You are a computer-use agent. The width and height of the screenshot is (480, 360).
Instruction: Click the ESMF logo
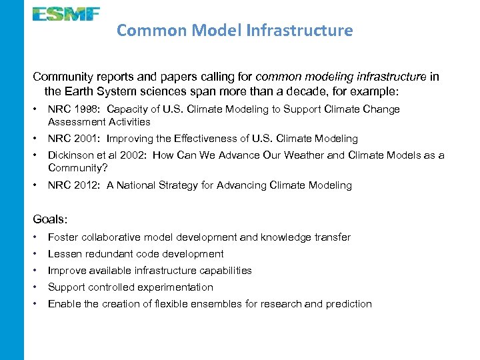tap(66, 13)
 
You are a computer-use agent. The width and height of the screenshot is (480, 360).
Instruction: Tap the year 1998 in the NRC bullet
tap(87, 109)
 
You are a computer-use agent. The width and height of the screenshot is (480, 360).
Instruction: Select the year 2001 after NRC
tap(87, 139)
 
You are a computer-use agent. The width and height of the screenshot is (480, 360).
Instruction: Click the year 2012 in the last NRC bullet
tap(87, 185)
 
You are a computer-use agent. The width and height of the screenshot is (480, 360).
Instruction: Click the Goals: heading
tap(50, 219)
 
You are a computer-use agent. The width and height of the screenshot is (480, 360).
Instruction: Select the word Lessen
tap(65, 254)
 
